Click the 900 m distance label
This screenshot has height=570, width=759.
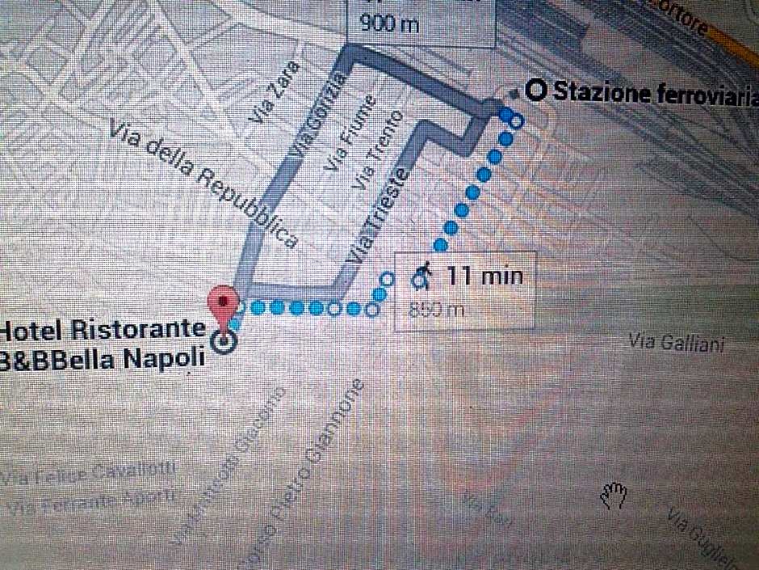[x=390, y=23]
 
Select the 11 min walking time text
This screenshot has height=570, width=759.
[x=485, y=276]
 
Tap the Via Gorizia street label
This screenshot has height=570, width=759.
[x=320, y=114]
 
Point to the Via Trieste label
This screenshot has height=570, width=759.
[x=378, y=214]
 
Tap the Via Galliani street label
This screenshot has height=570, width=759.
[x=677, y=344]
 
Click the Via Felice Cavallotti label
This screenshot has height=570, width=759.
[x=89, y=474]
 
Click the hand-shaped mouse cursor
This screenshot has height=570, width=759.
[x=614, y=496]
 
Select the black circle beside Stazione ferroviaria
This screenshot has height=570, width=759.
[x=535, y=91]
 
